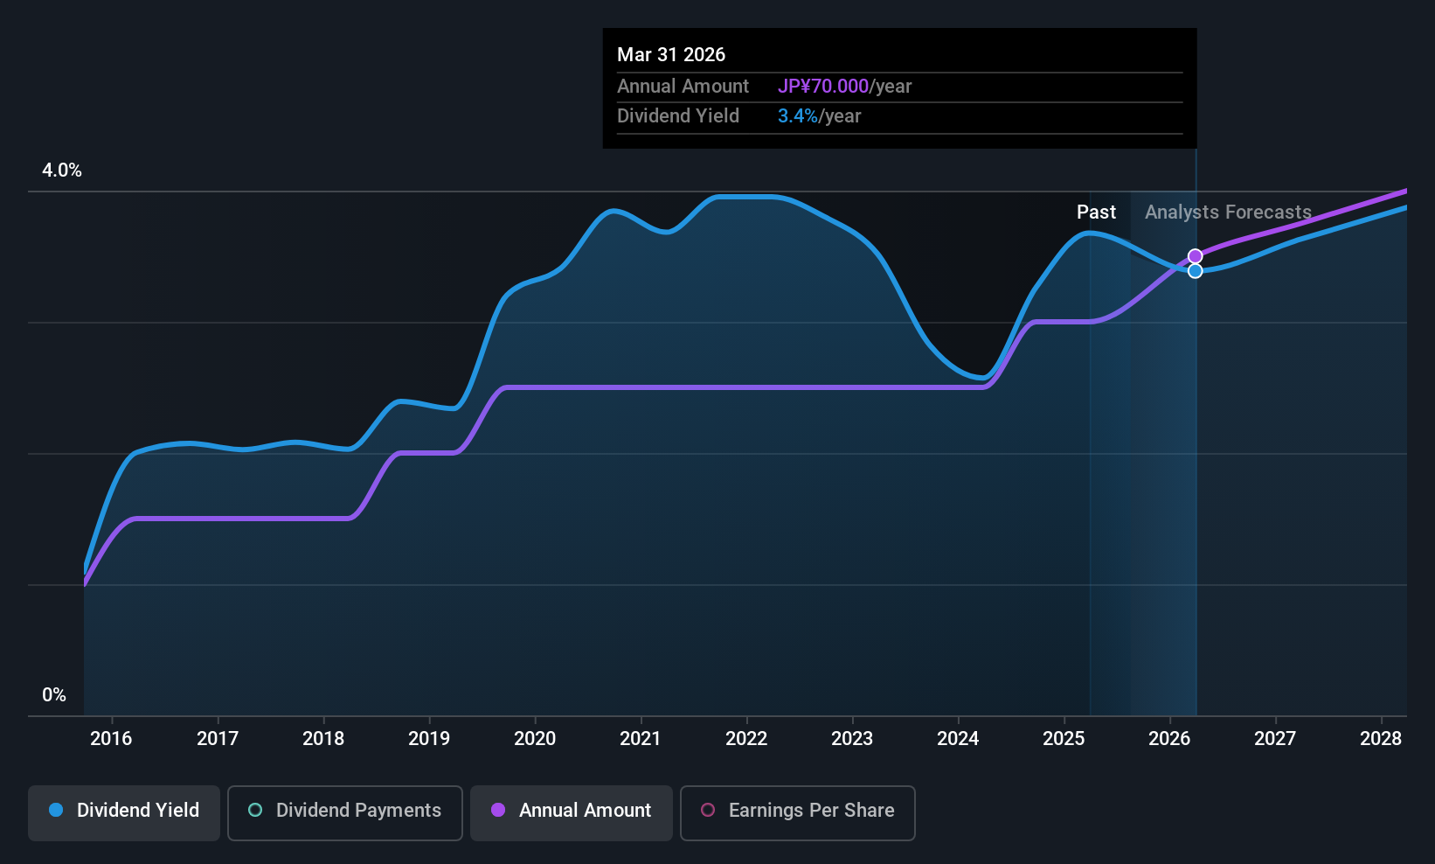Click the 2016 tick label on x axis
point(111,739)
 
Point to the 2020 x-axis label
point(535,739)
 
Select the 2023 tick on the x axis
point(852,739)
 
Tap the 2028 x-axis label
point(1381,739)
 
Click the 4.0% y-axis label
point(62,171)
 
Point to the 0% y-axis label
point(54,695)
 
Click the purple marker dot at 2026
point(1195,256)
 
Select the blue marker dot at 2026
point(1195,271)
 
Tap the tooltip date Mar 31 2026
point(671,55)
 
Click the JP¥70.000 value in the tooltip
point(822,87)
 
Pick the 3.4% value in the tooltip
point(797,116)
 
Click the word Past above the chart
point(1096,213)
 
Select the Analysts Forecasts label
point(1228,213)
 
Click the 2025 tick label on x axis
point(1064,739)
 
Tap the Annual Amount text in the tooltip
point(683,87)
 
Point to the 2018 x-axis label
point(323,739)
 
